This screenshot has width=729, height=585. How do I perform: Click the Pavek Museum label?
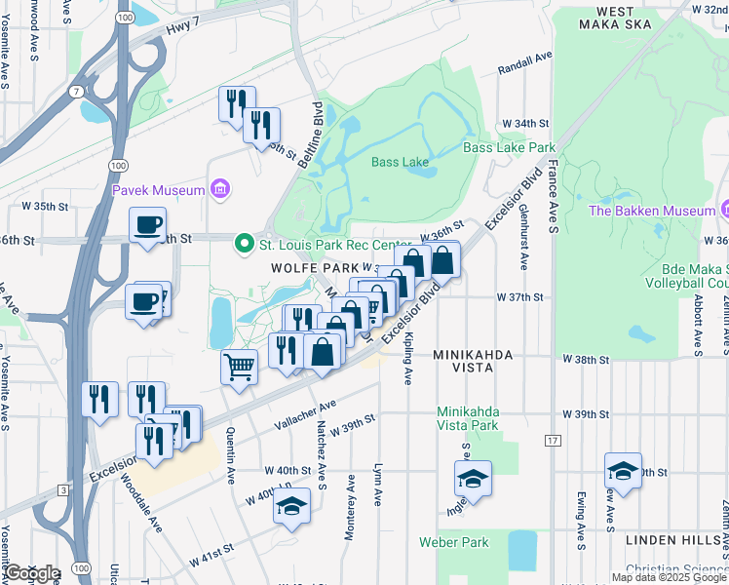tap(158, 189)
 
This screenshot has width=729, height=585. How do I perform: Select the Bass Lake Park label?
tap(509, 148)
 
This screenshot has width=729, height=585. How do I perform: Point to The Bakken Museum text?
tap(652, 211)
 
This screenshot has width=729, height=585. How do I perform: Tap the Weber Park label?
tap(453, 541)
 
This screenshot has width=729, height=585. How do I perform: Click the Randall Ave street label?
tap(524, 70)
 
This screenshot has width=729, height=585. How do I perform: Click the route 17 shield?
tap(554, 442)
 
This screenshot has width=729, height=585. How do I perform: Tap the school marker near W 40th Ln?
tap(290, 506)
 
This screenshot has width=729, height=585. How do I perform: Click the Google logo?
tap(31, 572)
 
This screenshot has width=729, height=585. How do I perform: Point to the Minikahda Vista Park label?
tap(468, 418)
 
